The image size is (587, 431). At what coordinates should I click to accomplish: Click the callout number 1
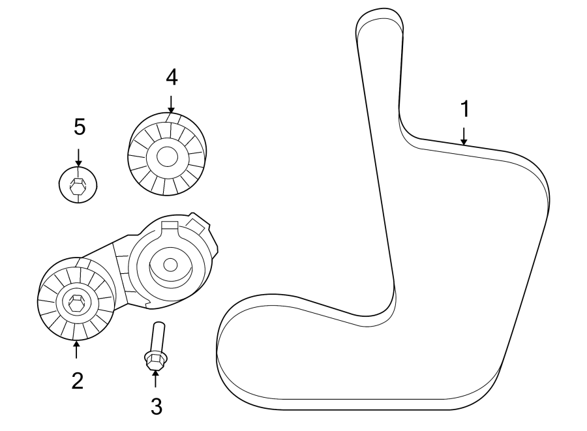pos(464,109)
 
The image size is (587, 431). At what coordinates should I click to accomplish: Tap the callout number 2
pos(77,381)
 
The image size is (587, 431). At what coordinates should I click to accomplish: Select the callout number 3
pos(156,406)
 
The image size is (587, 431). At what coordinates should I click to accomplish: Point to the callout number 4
pos(171,77)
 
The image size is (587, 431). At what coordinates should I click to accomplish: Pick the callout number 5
pos(79,127)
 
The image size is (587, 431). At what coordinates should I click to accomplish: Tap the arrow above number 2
pos(76,350)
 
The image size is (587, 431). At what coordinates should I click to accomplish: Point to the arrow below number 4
pos(171,104)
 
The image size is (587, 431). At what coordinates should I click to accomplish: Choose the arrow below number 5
pos(78,157)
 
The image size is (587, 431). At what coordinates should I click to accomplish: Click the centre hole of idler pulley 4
pos(166,156)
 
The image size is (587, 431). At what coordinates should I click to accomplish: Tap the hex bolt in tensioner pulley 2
pos(74,303)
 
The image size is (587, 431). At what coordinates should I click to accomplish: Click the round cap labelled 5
pos(78,185)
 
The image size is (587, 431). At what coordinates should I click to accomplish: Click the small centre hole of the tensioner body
pos(170,265)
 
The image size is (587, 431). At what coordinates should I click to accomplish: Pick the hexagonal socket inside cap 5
pos(78,185)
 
